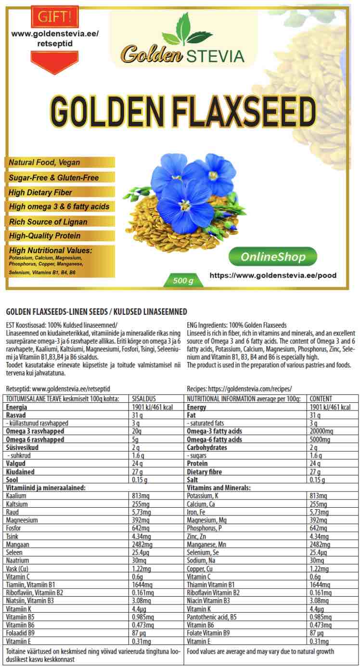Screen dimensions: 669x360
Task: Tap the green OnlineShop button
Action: pos(273,257)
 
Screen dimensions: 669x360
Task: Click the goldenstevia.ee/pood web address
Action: pos(273,276)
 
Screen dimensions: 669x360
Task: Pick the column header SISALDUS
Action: pos(144,399)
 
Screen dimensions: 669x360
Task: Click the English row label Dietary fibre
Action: pos(205,472)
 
